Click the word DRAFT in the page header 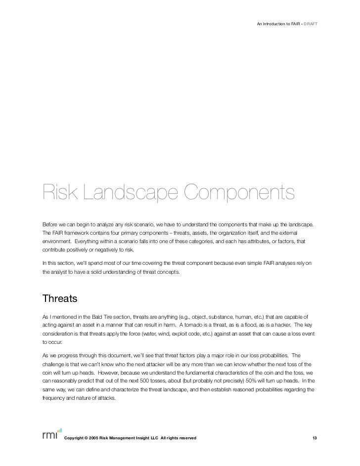click(311, 23)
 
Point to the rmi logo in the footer click(51, 433)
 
